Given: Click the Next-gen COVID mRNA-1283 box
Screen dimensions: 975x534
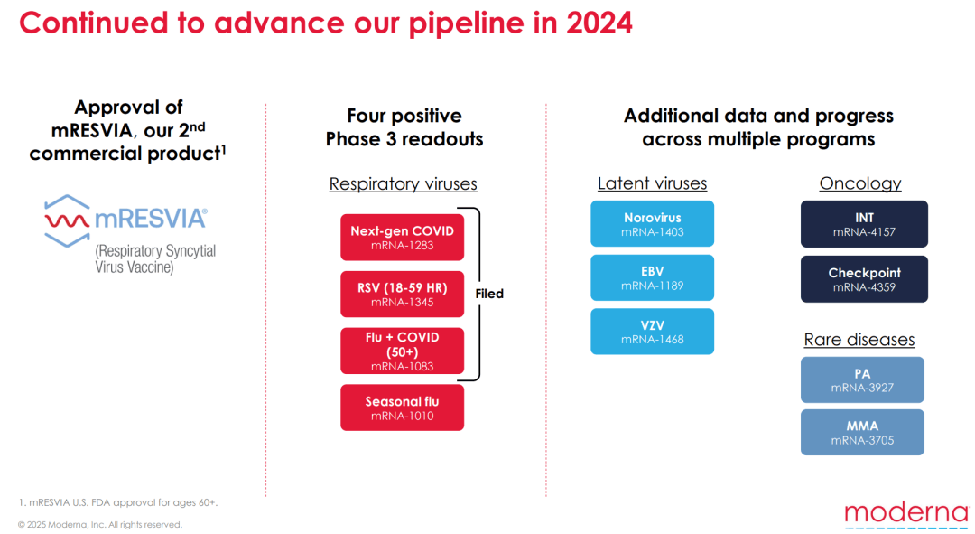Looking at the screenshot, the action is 403,237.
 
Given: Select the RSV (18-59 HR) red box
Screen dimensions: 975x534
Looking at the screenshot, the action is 403,295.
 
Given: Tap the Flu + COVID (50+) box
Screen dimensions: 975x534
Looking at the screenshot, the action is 403,351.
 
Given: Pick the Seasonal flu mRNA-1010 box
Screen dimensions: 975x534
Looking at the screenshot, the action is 403,408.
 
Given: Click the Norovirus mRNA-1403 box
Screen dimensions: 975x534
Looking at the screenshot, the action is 653,223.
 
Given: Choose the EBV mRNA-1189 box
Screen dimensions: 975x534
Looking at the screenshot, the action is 653,277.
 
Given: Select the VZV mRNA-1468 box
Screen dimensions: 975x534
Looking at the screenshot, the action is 653,332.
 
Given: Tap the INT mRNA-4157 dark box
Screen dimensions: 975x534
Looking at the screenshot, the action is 864,224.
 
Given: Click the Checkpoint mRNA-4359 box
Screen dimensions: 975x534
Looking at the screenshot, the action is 864,279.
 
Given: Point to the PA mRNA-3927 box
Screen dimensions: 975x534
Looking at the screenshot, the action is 862,379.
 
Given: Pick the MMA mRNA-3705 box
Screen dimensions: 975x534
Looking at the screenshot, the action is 862,433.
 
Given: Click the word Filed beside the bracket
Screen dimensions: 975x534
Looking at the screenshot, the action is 489,294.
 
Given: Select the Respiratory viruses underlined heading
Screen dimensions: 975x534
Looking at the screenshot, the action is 403,184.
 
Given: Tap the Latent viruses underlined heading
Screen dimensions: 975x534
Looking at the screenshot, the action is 653,183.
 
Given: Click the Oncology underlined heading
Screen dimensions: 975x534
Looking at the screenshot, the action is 860,183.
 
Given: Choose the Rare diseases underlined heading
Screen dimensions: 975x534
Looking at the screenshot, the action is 859,340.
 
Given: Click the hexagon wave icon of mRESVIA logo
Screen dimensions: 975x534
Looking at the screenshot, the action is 67,221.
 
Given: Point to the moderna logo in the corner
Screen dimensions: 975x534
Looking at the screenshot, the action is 907,515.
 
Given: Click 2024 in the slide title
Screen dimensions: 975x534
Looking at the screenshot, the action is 599,23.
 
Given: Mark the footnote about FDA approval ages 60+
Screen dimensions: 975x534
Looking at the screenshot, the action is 118,503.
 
